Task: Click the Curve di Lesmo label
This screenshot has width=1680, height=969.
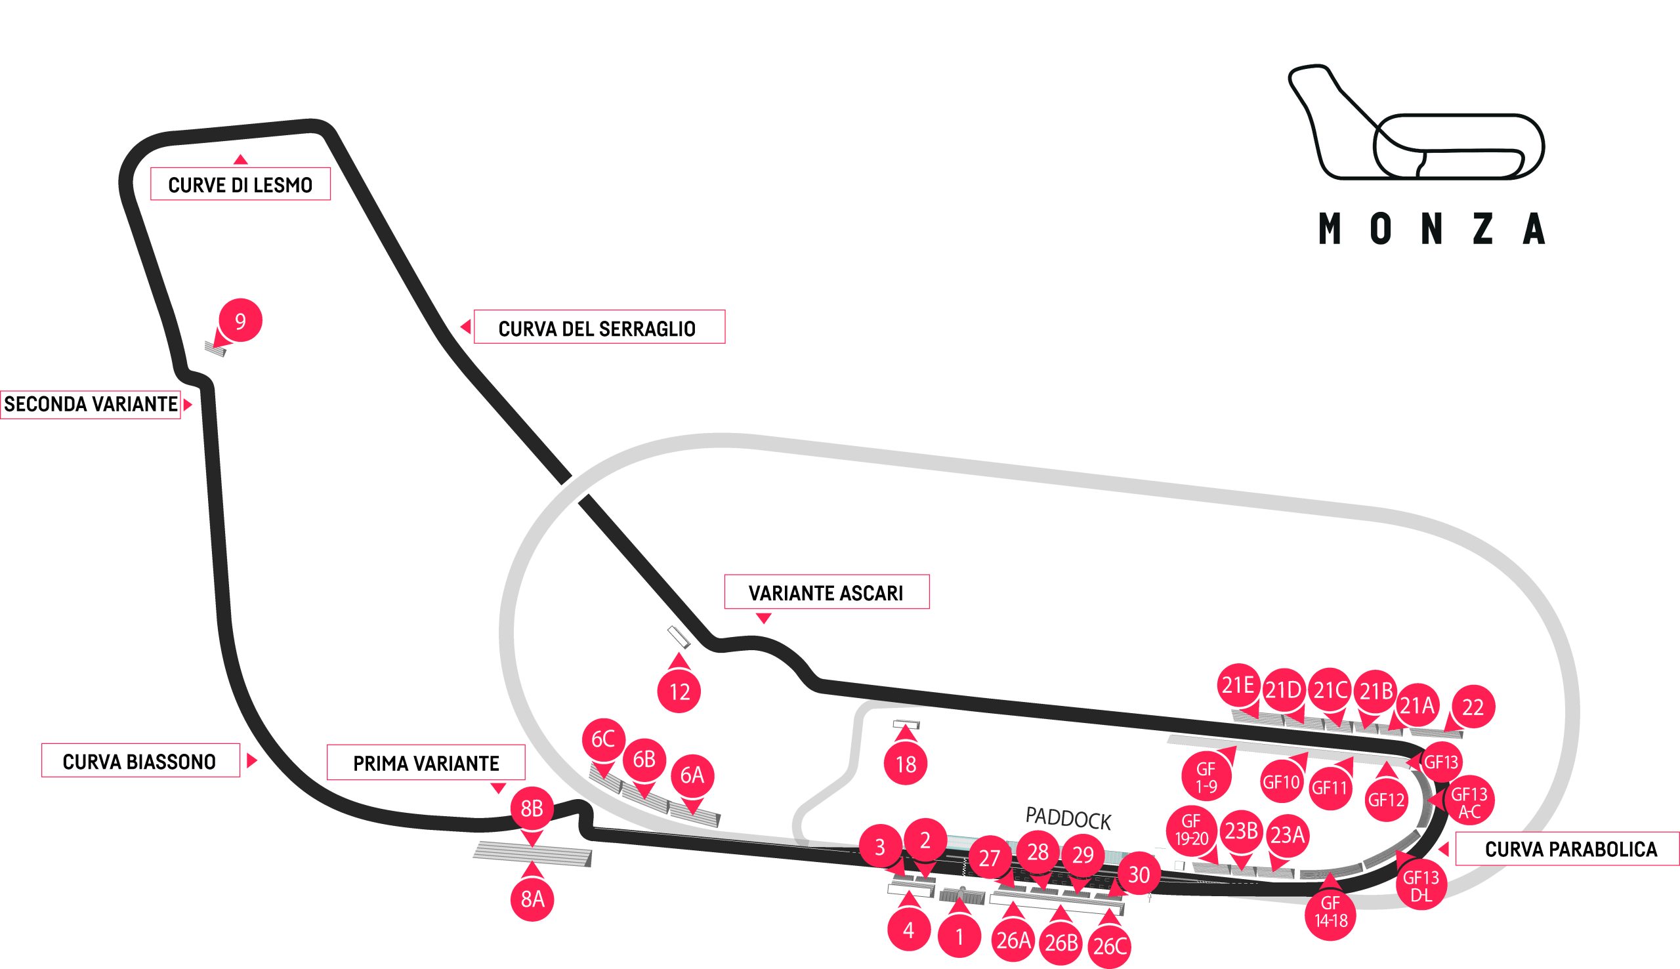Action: [x=240, y=184]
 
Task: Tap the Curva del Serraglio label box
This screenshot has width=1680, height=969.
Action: [x=598, y=327]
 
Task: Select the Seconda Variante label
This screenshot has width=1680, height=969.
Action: [x=91, y=404]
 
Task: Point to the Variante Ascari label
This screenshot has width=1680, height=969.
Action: [x=826, y=592]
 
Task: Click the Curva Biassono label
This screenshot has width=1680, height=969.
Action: [x=140, y=760]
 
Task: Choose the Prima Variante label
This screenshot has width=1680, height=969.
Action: [x=426, y=762]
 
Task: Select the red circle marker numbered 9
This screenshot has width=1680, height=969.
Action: [x=240, y=321]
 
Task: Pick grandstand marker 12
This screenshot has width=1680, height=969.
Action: [x=679, y=691]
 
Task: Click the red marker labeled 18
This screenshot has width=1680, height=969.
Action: [x=906, y=764]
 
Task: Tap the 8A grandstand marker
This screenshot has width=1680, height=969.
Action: [x=532, y=899]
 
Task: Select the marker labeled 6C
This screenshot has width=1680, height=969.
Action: [x=603, y=739]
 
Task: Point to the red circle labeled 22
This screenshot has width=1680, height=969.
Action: [x=1473, y=707]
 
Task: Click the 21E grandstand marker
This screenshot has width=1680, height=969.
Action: [x=1238, y=686]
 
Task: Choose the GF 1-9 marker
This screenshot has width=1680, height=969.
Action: [x=1206, y=777]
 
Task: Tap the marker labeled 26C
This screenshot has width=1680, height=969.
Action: [x=1110, y=945]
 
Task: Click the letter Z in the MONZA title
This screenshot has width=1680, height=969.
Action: [x=1483, y=228]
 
